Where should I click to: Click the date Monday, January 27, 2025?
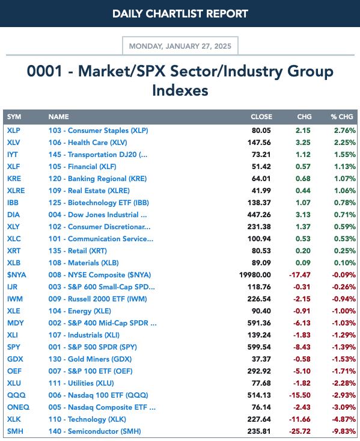pyautogui.click(x=180, y=46)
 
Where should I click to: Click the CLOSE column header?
pyautogui.click(x=261, y=117)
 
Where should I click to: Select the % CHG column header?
pyautogui.click(x=342, y=117)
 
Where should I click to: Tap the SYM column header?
pyautogui.click(x=14, y=117)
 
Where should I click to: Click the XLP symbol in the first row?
pyautogui.click(x=13, y=131)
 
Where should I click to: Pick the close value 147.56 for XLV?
pyautogui.click(x=259, y=143)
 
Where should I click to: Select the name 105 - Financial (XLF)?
pyautogui.click(x=82, y=167)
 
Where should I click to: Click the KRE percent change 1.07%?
pyautogui.click(x=345, y=179)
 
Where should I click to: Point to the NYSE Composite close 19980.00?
pyautogui.click(x=255, y=275)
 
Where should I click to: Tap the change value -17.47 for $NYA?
pyautogui.click(x=300, y=275)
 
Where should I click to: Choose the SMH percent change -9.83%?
pyautogui.click(x=344, y=431)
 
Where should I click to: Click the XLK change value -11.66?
pyautogui.click(x=300, y=419)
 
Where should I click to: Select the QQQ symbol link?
pyautogui.click(x=16, y=395)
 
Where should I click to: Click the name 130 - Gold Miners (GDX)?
pyautogui.click(x=90, y=359)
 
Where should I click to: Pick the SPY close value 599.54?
pyautogui.click(x=259, y=347)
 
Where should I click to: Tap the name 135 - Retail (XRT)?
pyautogui.click(x=78, y=251)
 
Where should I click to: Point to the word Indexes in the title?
pyautogui.click(x=180, y=91)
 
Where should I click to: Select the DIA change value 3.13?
pyautogui.click(x=303, y=215)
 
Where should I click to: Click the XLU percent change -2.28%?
pyautogui.click(x=344, y=383)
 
